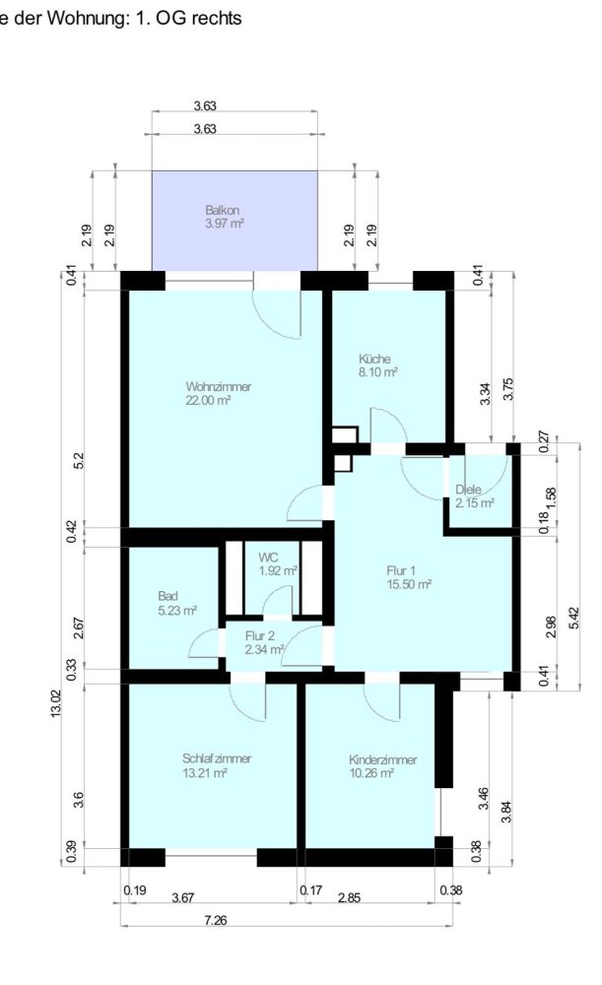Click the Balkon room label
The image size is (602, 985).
click(223, 211)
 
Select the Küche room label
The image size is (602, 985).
click(375, 360)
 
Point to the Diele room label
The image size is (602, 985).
click(470, 490)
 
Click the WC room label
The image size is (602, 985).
click(268, 557)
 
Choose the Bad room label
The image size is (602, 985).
click(168, 597)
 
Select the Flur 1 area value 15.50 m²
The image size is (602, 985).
click(409, 584)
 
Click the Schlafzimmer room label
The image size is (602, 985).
click(217, 758)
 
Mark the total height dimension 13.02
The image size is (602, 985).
click(56, 705)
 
